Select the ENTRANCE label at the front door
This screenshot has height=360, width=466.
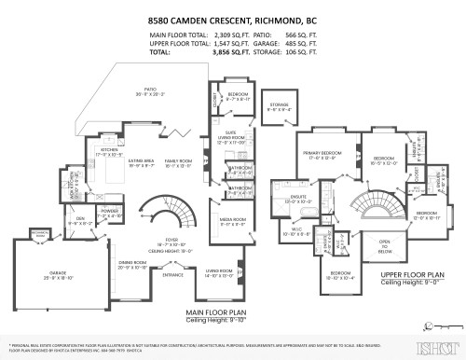click(173, 275)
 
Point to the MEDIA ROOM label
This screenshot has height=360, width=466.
click(232, 221)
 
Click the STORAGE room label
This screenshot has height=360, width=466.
click(279, 105)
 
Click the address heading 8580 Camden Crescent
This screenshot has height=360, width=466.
click(233, 18)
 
